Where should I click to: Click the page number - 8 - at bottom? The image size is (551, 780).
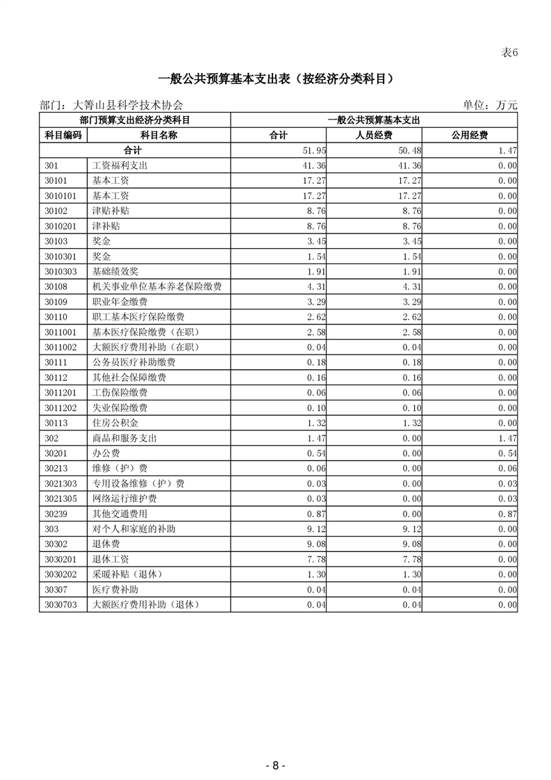[x=275, y=765]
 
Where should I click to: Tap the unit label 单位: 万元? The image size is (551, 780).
[x=490, y=105]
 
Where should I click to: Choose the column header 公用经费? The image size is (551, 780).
[x=470, y=135]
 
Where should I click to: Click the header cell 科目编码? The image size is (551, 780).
[x=63, y=135]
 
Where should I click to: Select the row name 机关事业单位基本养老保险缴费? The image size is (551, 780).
[x=157, y=286]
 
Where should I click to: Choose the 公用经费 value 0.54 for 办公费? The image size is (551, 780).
[x=507, y=453]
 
